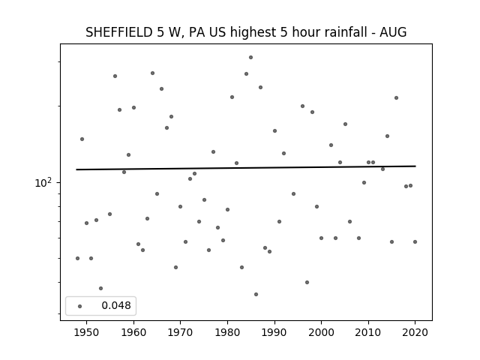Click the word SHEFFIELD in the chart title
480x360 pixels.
(118, 32)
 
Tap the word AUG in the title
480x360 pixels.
(393, 32)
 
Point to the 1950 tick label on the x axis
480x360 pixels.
(87, 332)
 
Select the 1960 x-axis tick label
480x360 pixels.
(133, 332)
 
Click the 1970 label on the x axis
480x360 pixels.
(181, 332)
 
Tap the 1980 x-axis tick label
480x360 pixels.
(227, 332)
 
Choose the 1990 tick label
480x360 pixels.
(274, 332)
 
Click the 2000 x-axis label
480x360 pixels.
(322, 332)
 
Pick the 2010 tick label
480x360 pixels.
(368, 332)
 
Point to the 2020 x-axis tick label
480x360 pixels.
(415, 332)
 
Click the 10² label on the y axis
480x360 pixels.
(43, 183)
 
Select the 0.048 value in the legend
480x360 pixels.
(116, 305)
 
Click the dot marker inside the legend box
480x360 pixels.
(80, 307)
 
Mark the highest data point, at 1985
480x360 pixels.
(250, 58)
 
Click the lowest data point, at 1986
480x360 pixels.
(256, 295)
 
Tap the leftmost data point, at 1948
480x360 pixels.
(77, 258)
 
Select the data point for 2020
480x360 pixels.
(415, 241)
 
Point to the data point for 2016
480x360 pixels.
(397, 98)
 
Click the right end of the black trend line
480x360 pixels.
(415, 166)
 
